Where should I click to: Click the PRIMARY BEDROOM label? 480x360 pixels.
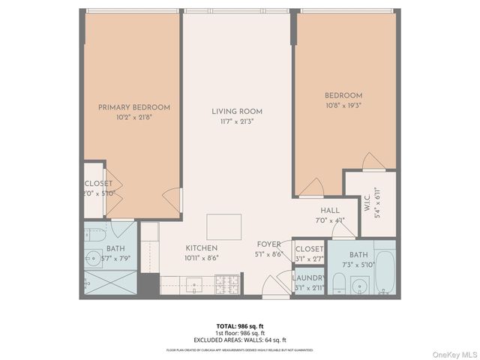[134, 107]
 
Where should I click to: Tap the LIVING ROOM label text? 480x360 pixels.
[236, 111]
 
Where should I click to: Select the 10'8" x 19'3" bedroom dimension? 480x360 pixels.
[343, 106]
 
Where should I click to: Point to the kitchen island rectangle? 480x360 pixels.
[224, 226]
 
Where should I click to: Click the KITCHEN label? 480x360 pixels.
[202, 247]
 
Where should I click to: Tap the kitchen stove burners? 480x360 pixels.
[227, 283]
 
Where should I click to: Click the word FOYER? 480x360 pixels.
[268, 244]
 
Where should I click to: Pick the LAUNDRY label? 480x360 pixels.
[308, 278]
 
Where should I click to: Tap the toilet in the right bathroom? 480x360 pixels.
[338, 283]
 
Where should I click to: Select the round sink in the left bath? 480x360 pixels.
[94, 255]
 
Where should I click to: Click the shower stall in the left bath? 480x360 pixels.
[109, 281]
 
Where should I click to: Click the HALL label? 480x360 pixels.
[331, 211]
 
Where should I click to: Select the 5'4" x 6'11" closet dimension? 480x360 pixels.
[378, 200]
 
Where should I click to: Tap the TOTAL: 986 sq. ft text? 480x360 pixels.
[240, 325]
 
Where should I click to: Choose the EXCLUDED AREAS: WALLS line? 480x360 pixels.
[240, 340]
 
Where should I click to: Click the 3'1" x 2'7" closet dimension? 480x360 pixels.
[308, 258]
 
